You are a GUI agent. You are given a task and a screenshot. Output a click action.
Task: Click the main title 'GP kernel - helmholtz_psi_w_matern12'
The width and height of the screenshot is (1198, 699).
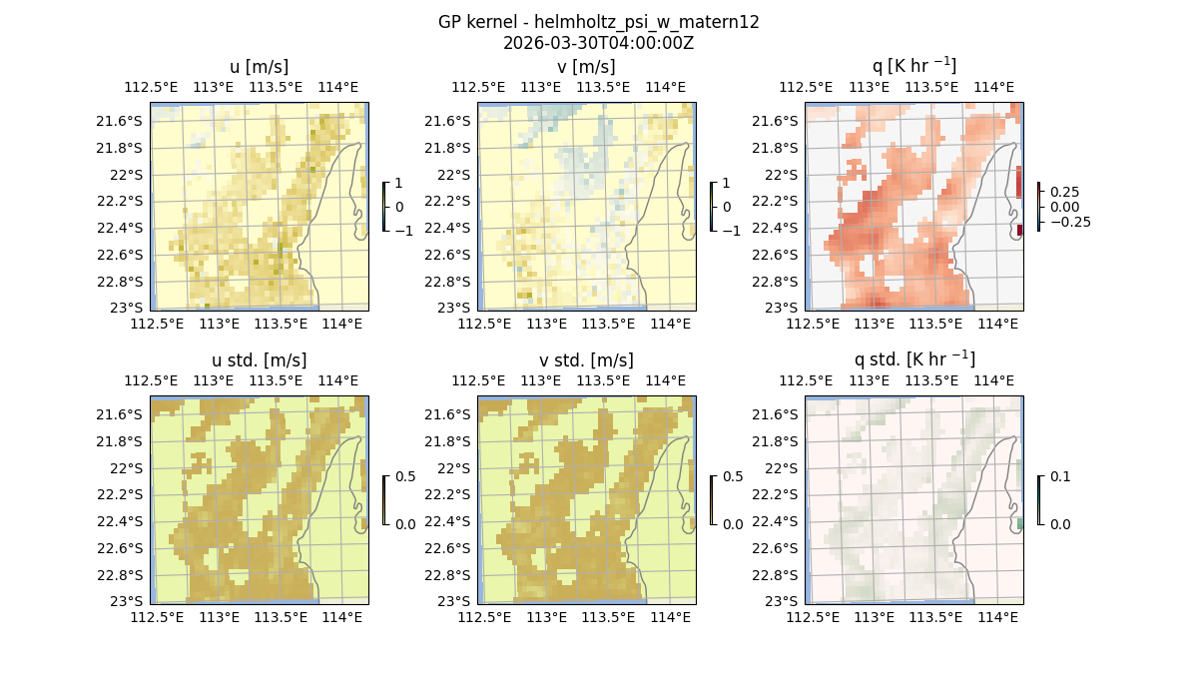tap(598, 22)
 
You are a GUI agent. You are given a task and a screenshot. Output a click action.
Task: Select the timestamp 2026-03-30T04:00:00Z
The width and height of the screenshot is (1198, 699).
tap(598, 43)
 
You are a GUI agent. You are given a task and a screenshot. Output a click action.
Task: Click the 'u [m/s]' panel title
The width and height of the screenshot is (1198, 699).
tap(259, 67)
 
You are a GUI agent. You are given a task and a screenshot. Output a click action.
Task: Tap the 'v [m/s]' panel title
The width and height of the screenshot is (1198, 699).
tap(586, 67)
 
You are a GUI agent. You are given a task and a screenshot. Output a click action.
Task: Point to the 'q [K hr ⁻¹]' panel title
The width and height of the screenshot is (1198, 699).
tap(913, 66)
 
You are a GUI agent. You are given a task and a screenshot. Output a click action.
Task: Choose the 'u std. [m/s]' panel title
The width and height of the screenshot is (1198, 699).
tap(259, 360)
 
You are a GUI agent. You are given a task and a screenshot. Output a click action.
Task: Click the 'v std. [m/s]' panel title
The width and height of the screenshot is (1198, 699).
tap(586, 360)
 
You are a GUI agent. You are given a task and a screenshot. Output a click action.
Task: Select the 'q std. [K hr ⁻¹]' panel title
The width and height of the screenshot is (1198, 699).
tap(913, 359)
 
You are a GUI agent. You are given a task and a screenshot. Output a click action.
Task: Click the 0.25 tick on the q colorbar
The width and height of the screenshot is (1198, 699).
tap(1063, 192)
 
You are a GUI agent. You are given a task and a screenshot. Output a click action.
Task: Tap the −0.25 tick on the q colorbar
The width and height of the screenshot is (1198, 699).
tap(1068, 222)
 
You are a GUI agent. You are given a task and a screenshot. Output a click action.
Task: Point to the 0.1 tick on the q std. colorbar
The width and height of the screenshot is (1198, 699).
tap(1059, 477)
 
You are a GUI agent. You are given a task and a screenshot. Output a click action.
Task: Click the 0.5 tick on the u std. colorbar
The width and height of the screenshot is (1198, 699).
tap(405, 477)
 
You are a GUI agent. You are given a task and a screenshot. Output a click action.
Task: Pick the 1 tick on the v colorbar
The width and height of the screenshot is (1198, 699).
tap(727, 184)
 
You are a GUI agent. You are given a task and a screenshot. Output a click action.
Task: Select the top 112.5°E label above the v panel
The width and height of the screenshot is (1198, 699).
tap(472, 87)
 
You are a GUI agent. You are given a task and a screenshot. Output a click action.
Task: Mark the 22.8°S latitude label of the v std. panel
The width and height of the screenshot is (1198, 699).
tap(449, 575)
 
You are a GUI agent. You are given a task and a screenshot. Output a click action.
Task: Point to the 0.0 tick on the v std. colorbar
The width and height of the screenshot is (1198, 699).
tap(732, 524)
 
